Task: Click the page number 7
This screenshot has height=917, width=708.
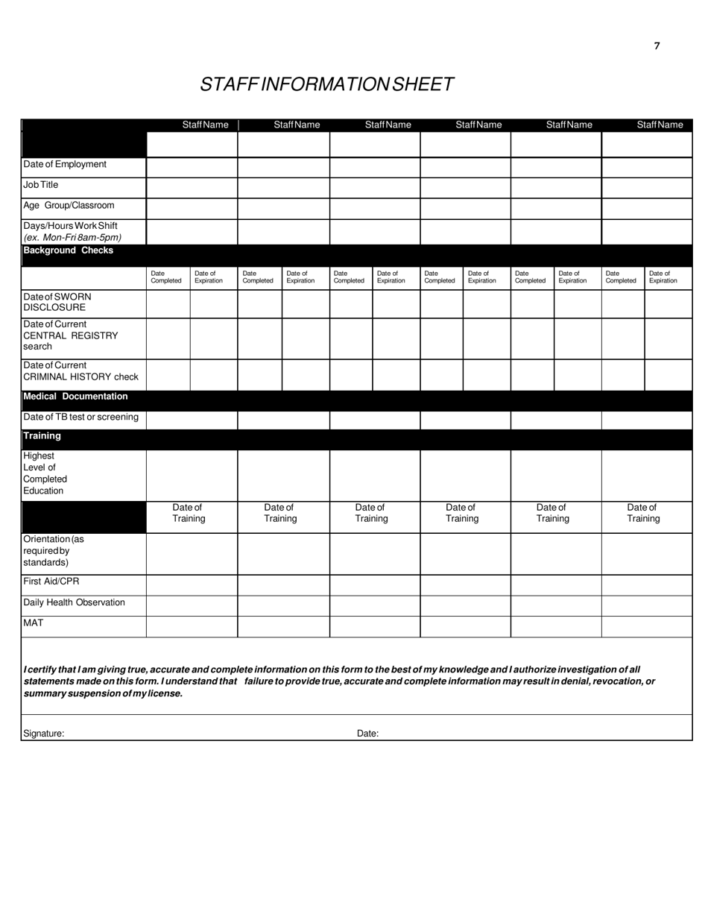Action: [657, 46]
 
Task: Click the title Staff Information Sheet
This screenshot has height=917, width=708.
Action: [326, 84]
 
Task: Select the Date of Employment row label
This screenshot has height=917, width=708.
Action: [65, 165]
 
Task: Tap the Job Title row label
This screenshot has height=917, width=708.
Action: [41, 185]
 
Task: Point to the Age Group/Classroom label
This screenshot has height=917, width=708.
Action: [69, 206]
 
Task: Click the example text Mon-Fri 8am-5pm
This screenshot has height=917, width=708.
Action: [72, 238]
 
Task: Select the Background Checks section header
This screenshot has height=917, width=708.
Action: [69, 250]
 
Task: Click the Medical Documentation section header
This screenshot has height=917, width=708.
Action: [75, 397]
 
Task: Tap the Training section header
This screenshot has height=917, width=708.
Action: [42, 436]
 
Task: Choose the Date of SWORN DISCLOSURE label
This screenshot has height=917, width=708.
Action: [57, 302]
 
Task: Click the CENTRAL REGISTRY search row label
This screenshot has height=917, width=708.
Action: [70, 335]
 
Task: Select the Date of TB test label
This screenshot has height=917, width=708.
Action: [80, 417]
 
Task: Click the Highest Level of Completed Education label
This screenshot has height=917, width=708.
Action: [45, 473]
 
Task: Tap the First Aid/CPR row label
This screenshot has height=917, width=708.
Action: [51, 582]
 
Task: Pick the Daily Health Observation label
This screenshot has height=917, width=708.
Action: [74, 602]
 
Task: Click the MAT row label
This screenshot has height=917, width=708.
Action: [34, 623]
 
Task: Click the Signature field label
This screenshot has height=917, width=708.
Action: [44, 734]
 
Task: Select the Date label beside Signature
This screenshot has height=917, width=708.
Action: [367, 734]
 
